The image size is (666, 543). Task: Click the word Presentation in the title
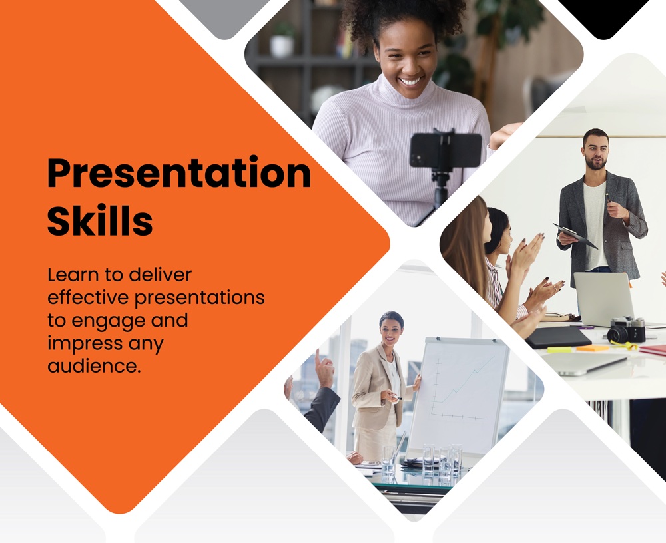click(x=179, y=173)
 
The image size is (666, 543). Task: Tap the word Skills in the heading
click(x=100, y=220)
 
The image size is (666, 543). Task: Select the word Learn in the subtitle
click(x=73, y=275)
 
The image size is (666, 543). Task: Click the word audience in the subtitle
click(x=93, y=366)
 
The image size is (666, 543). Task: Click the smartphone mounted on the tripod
click(x=446, y=150)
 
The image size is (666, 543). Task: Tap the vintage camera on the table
click(x=626, y=330)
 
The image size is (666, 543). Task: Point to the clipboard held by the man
click(x=575, y=236)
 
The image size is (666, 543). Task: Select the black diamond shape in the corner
click(x=603, y=17)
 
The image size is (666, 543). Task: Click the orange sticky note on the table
click(x=593, y=348)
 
